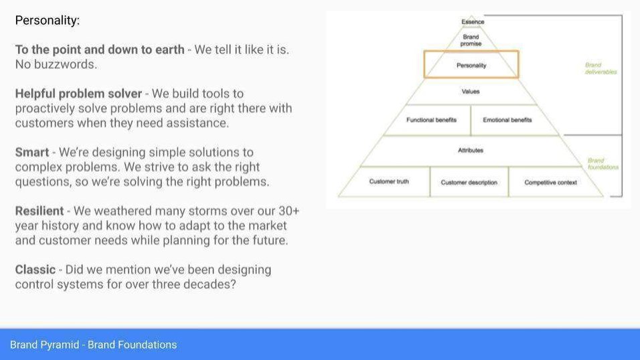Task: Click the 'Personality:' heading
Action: pos(48,20)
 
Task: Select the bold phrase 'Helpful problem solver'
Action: pos(78,94)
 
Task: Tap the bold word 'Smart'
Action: pos(32,153)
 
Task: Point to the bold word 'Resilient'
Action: pos(39,211)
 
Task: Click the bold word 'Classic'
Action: pos(35,270)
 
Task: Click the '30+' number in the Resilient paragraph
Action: pos(289,211)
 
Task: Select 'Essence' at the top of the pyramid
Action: pos(473,21)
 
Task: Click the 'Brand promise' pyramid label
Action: pos(471,40)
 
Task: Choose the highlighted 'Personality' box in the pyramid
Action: pos(471,64)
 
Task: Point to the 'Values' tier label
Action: pos(471,92)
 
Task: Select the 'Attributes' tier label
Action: pos(470,150)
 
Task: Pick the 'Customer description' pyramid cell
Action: pos(469,182)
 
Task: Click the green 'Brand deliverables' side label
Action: pos(601,68)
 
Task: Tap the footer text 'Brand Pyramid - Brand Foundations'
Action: pos(94,345)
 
